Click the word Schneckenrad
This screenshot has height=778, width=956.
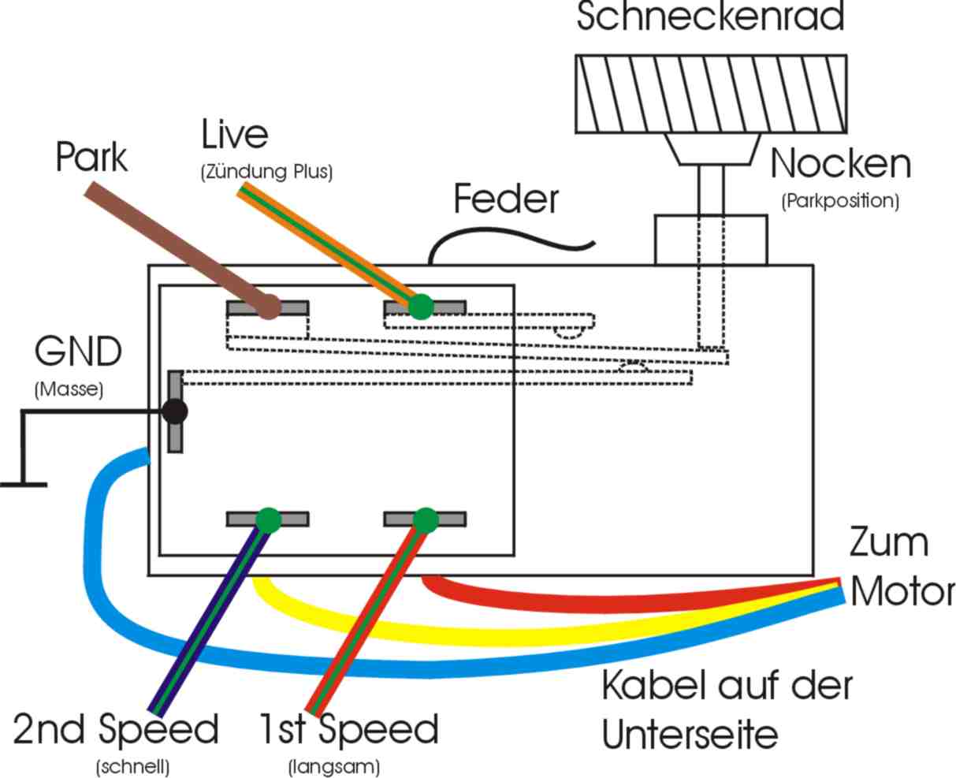710,17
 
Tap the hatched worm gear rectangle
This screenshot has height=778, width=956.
711,93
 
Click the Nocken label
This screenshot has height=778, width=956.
840,164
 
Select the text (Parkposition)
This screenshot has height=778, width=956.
840,200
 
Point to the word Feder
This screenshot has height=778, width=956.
505,199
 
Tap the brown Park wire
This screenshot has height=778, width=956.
181,248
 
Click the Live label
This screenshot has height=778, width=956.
235,135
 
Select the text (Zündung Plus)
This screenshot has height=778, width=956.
266,171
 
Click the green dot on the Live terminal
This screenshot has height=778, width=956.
422,306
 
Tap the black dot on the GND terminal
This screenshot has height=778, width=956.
174,411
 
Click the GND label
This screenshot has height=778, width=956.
78,352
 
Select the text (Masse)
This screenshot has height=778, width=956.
69,389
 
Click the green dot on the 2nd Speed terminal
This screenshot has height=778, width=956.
268,519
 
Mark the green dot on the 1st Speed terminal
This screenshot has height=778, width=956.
425,519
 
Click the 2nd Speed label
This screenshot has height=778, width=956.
116,730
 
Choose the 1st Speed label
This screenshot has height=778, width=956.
349,730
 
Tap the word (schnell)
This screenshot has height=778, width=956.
132,766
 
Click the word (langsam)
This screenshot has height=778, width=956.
334,766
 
